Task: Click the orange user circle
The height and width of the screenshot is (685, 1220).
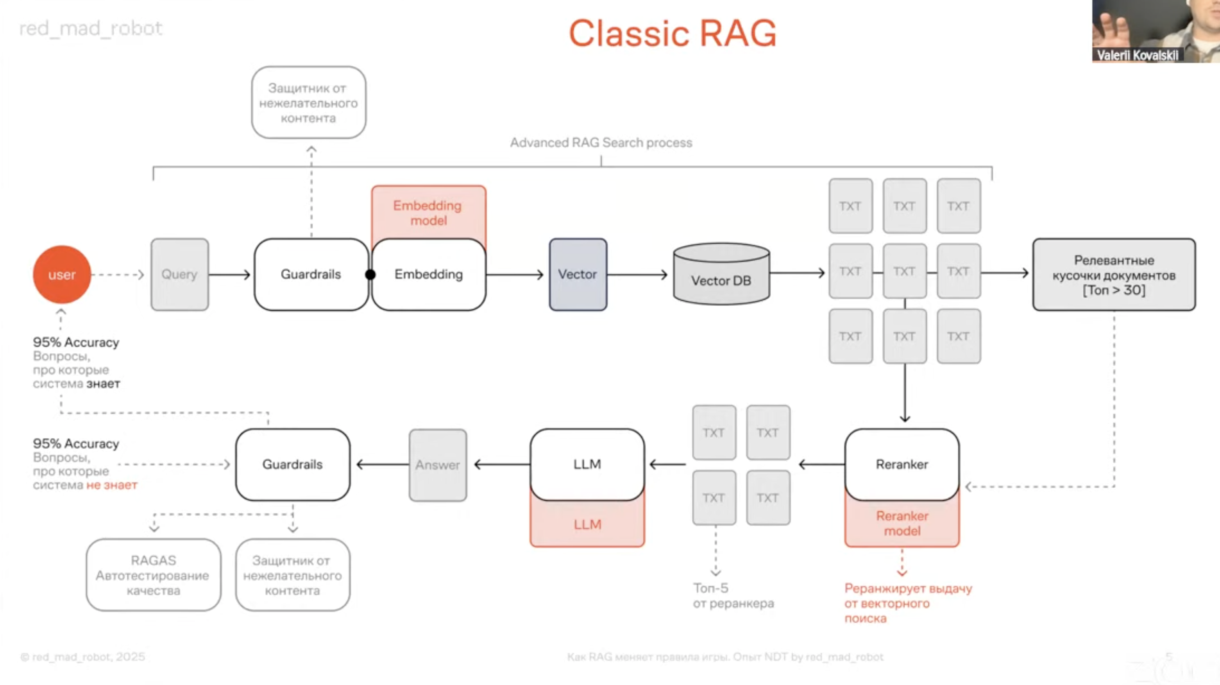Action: click(x=62, y=274)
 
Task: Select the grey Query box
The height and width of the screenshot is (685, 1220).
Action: click(x=179, y=274)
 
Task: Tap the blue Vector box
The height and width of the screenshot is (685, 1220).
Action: click(x=578, y=274)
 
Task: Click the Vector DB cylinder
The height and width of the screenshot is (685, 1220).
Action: click(x=721, y=274)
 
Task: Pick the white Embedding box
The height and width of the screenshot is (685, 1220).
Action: click(x=429, y=274)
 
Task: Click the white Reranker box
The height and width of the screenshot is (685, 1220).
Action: click(x=902, y=464)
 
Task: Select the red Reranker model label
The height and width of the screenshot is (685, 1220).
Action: click(x=902, y=523)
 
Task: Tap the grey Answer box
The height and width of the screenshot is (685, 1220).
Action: click(x=438, y=465)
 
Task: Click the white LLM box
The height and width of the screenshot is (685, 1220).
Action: click(x=587, y=464)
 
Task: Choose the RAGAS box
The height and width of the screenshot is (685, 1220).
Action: click(x=154, y=575)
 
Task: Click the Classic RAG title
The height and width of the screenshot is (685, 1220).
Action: click(x=673, y=33)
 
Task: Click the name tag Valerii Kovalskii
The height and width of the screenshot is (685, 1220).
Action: click(x=1137, y=56)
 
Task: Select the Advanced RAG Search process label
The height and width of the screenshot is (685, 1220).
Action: click(x=601, y=143)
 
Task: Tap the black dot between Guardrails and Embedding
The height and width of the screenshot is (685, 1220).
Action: click(x=370, y=274)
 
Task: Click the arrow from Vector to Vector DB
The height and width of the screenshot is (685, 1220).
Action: click(x=637, y=274)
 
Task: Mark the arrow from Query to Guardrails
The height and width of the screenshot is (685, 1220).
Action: click(x=229, y=274)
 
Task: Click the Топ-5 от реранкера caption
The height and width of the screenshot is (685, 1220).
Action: click(x=733, y=595)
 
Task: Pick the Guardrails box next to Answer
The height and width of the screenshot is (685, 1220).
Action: click(x=293, y=464)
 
